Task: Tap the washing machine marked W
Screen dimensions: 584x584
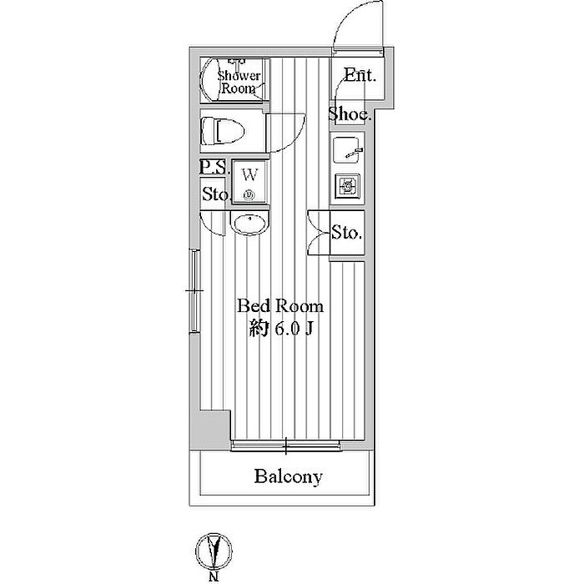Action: (x=248, y=181)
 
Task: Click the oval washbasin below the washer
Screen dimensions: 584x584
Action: (x=249, y=224)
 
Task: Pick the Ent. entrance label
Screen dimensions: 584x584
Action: (x=360, y=75)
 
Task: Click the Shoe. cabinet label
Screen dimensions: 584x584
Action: (x=349, y=114)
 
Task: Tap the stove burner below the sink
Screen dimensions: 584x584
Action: (x=347, y=184)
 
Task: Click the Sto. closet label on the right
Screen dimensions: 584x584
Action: (x=347, y=232)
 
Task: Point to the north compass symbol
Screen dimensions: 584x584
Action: (x=214, y=551)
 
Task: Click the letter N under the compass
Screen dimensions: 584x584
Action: (x=214, y=576)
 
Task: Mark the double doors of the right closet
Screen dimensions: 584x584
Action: (x=317, y=231)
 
